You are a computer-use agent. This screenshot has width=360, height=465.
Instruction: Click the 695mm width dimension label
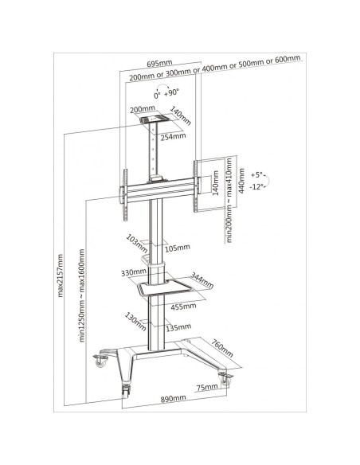pyautogui.click(x=159, y=63)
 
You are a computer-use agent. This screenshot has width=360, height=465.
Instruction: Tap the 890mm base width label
pyautogui.click(x=174, y=398)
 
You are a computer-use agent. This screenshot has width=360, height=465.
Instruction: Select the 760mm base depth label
pyautogui.click(x=222, y=348)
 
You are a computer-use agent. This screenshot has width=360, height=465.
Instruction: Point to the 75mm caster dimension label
pyautogui.click(x=207, y=387)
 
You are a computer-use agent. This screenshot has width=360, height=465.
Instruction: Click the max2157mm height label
pyautogui.click(x=61, y=275)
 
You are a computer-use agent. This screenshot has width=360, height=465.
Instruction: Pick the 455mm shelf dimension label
pyautogui.click(x=183, y=306)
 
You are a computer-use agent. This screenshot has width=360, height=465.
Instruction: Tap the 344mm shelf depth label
pyautogui.click(x=202, y=280)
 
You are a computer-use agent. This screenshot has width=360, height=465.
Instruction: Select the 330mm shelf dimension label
pyautogui.click(x=134, y=272)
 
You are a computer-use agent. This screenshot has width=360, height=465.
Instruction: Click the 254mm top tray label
pyautogui.click(x=173, y=137)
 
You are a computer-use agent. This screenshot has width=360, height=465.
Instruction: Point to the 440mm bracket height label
pyautogui.click(x=242, y=181)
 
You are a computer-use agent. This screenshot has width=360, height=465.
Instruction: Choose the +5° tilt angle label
pyautogui.click(x=256, y=174)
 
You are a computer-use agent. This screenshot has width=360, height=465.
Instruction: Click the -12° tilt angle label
pyautogui.click(x=256, y=187)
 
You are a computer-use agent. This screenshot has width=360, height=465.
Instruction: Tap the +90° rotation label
pyautogui.click(x=172, y=92)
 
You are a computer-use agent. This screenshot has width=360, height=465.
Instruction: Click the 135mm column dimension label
pyautogui.click(x=178, y=327)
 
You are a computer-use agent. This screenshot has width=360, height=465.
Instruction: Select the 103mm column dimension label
pyautogui.click(x=137, y=244)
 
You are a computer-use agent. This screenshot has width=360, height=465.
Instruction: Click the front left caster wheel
pyautogui.click(x=127, y=391)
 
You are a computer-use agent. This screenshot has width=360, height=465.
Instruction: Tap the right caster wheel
pyautogui.click(x=225, y=379)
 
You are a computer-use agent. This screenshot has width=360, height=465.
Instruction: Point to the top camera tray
pyautogui.click(x=155, y=119)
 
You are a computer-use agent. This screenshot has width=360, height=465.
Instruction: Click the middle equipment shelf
pyautogui.click(x=165, y=288)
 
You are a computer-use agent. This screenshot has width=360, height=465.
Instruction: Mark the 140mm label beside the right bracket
pyautogui.click(x=216, y=182)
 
